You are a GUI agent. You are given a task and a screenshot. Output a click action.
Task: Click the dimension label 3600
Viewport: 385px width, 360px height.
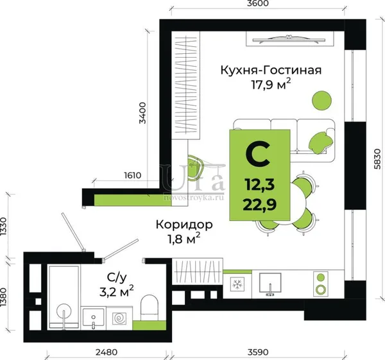point(258,4)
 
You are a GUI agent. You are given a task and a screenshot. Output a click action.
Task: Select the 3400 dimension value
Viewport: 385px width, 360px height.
point(142,113)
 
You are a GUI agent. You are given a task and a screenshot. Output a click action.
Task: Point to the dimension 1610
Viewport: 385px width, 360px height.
point(133,176)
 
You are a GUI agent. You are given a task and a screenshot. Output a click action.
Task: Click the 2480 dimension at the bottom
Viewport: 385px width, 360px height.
point(107,352)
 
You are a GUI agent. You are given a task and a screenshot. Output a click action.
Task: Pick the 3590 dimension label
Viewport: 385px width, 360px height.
point(258,352)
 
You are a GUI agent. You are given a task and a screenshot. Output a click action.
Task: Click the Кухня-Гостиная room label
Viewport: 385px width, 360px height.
point(271,70)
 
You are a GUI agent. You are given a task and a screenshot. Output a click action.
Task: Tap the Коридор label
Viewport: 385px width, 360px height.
point(184,225)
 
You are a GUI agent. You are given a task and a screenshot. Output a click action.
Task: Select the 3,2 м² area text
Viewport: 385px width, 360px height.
point(117,291)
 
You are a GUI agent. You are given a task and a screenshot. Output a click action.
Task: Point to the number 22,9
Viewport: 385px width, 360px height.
point(260,205)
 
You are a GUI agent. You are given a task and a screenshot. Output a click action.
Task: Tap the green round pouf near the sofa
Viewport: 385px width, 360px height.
point(321,101)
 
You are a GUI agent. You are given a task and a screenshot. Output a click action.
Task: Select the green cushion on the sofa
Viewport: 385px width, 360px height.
point(321,143)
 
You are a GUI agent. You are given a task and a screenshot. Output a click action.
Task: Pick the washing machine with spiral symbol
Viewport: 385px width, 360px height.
point(119,318)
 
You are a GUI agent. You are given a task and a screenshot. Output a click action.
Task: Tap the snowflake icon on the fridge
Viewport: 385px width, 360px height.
point(237,284)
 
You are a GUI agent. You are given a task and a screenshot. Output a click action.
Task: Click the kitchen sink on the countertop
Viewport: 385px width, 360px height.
point(270,284)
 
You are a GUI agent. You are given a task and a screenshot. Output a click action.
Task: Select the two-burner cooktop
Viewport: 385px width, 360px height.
point(321,284)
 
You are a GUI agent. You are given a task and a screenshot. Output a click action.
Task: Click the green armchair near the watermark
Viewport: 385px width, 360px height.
point(196,167)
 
